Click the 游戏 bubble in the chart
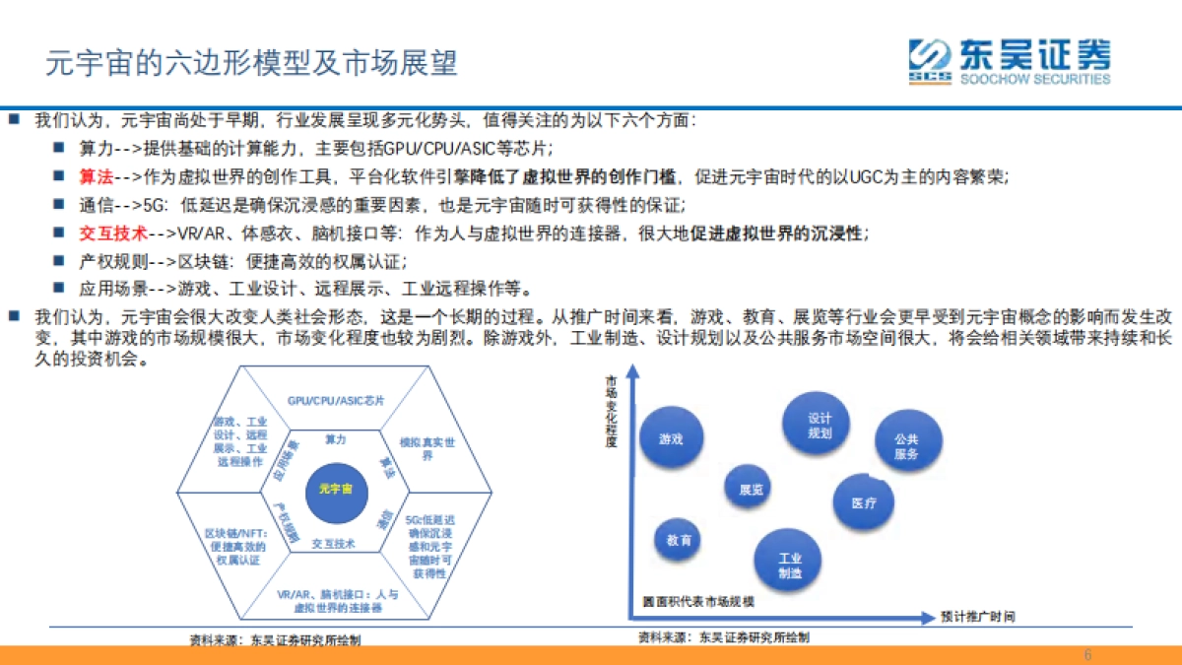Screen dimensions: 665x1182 point(672,438)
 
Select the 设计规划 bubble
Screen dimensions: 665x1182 point(820,425)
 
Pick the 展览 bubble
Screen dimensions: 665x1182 point(751,489)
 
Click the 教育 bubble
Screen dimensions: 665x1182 point(679,541)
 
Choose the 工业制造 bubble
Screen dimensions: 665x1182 point(789,565)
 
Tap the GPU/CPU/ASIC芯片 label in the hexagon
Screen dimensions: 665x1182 point(336,401)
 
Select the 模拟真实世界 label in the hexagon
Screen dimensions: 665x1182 point(427,449)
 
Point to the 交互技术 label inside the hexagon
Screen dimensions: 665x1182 point(333,543)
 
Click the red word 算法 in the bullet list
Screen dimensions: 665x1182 point(97,176)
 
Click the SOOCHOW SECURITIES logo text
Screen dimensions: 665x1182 point(1034,79)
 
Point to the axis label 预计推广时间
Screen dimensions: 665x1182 point(976,617)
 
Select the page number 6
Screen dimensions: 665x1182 point(1087,655)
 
